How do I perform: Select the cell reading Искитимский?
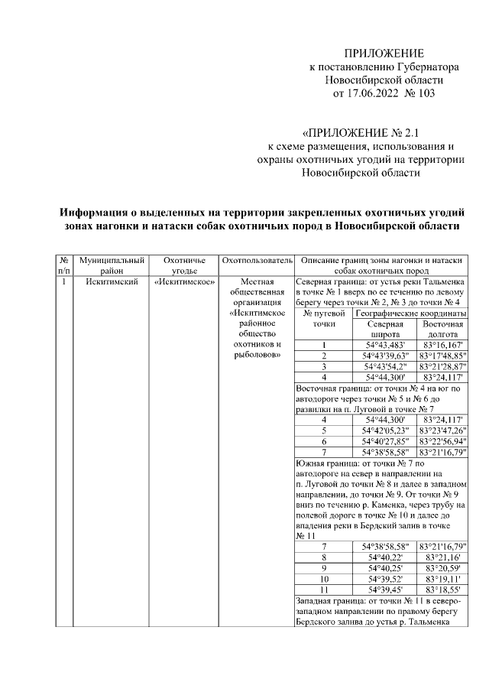(x=112, y=281)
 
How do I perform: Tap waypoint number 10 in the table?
(x=324, y=580)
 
